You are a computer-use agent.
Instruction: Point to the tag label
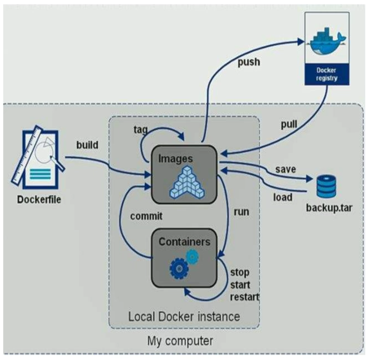pyautogui.click(x=141, y=130)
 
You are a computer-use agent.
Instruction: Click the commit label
pyautogui.click(x=146, y=216)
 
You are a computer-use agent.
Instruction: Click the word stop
pyautogui.click(x=239, y=271)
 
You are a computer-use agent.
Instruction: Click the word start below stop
pyautogui.click(x=241, y=285)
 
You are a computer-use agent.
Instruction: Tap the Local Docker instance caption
pyautogui.click(x=184, y=317)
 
